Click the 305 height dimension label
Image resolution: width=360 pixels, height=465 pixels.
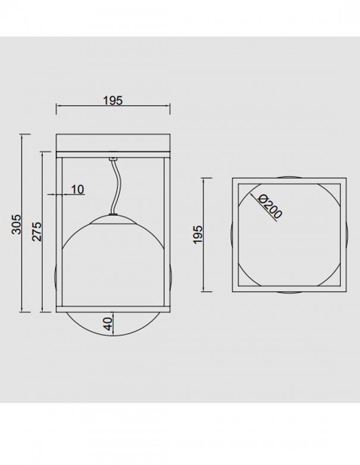tap(17, 224)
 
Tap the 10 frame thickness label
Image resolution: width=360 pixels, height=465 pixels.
tap(78, 189)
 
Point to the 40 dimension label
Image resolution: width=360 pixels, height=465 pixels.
tap(109, 323)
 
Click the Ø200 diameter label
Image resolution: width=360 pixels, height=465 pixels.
tap(270, 206)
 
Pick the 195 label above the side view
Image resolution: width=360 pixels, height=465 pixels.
tap(113, 100)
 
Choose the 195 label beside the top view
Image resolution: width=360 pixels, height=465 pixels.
tap(198, 234)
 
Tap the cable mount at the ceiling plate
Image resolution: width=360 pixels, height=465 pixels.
tap(113, 159)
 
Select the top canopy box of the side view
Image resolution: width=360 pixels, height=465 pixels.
tap(113, 143)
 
